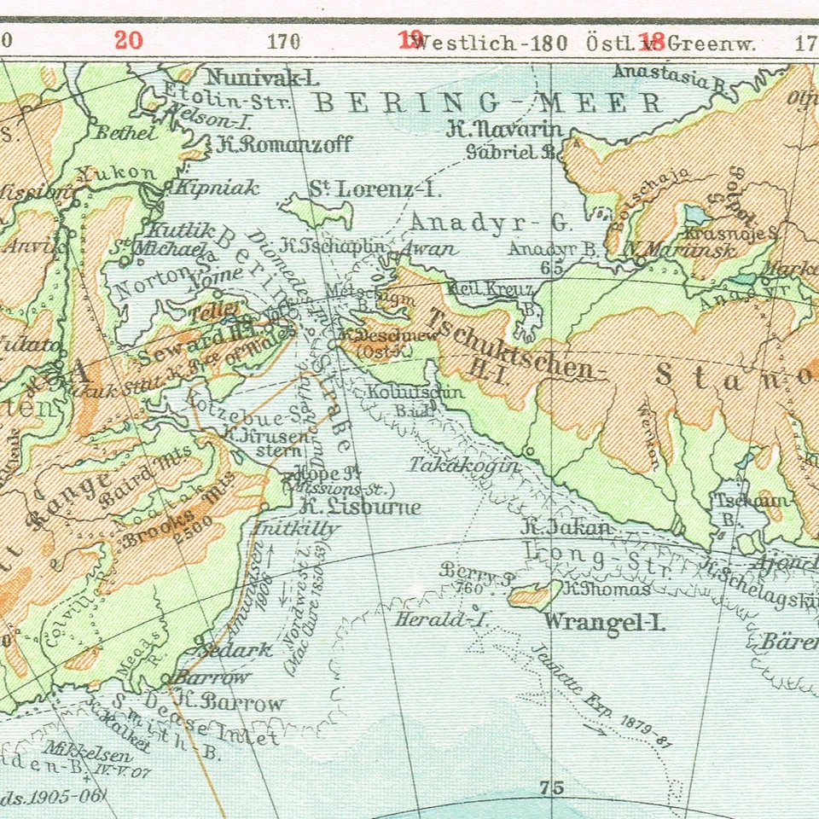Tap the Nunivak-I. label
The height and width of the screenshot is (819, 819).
[263, 78]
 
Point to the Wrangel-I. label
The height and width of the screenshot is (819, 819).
[604, 622]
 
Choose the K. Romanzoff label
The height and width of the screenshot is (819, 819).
[284, 144]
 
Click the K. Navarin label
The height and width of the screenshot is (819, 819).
[506, 130]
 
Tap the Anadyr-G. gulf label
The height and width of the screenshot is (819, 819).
[490, 223]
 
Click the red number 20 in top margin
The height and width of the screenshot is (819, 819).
[128, 40]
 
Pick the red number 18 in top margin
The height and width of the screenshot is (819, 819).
[653, 40]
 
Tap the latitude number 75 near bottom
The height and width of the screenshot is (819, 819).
[552, 787]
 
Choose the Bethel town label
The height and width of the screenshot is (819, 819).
[126, 132]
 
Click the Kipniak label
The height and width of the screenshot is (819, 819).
[216, 189]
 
